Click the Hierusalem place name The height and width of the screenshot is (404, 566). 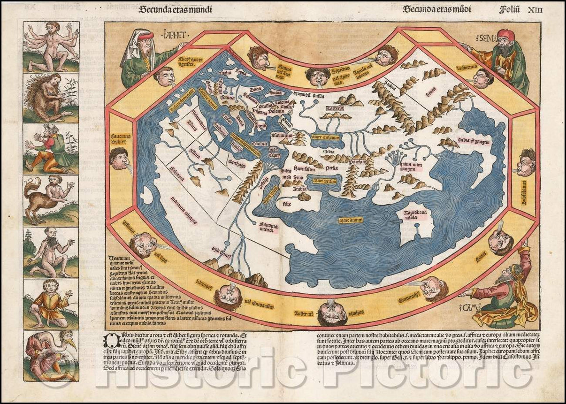coord(306,167)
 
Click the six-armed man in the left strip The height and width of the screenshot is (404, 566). coord(51,46)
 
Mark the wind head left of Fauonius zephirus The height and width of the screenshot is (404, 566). coord(119,158)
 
